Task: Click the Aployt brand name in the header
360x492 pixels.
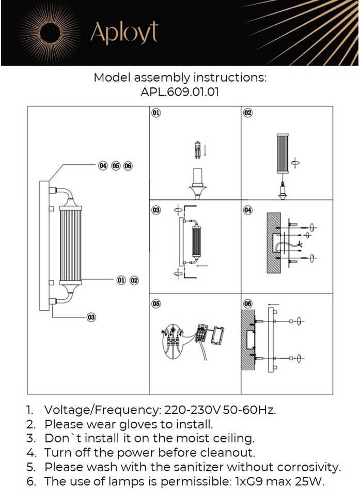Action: [124, 33]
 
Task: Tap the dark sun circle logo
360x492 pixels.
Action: [50, 33]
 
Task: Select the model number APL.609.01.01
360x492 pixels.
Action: [180, 92]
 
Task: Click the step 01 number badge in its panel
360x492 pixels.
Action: [156, 112]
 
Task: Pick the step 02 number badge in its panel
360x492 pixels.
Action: [248, 113]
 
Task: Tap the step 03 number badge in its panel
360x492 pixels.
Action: [156, 210]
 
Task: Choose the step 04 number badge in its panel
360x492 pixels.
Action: [248, 210]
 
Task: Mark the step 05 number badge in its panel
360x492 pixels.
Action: [156, 303]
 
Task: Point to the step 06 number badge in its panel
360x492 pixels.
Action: [248, 303]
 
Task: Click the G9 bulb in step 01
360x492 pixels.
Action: [197, 150]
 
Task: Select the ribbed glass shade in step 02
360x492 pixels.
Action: [283, 153]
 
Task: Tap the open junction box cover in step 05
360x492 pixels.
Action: [217, 335]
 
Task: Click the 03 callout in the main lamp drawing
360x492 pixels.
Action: [91, 317]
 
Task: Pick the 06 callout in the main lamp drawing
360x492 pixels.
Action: [128, 166]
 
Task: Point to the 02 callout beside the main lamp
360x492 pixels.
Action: [134, 280]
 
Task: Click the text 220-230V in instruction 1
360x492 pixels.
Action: [193, 410]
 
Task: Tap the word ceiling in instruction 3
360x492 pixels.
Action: [234, 439]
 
